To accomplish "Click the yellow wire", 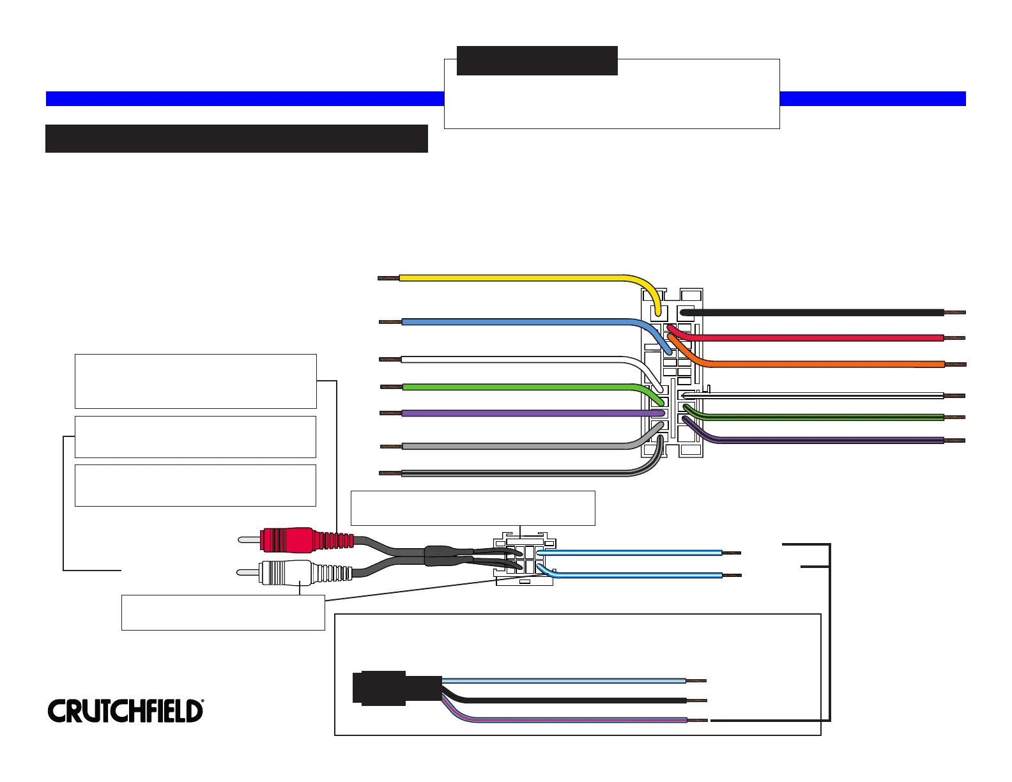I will pos(511,278).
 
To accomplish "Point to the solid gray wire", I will pos(511,446).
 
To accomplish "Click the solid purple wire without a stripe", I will pos(511,413).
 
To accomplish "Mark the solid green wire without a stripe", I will pos(511,387).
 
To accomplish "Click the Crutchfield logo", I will pos(125,710).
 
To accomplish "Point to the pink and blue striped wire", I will pos(575,720).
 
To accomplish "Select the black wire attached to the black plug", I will pos(575,701).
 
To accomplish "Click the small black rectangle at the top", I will pos(537,61).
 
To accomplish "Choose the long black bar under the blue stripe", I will pos(236,139).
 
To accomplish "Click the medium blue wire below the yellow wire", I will pos(511,322).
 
